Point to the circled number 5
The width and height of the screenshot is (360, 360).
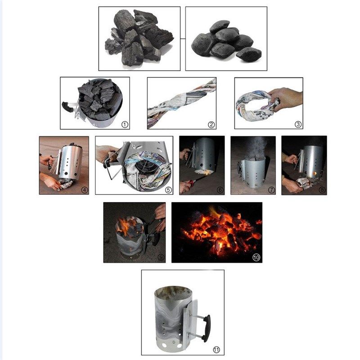click(168, 189)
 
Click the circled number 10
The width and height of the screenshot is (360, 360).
click(256, 257)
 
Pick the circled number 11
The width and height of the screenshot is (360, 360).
click(216, 349)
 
